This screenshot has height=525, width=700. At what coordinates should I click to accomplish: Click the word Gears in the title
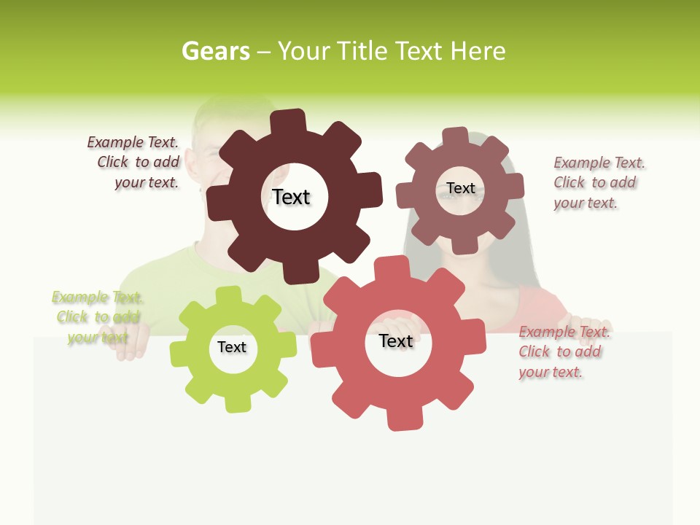click(215, 51)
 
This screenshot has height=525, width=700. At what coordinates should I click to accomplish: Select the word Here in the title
click(478, 51)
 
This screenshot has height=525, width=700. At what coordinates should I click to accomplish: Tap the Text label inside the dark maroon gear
click(291, 197)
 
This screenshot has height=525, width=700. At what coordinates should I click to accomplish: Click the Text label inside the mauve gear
click(460, 188)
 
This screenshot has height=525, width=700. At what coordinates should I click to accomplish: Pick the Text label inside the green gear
click(232, 347)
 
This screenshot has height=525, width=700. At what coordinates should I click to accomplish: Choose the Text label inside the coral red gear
click(396, 341)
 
